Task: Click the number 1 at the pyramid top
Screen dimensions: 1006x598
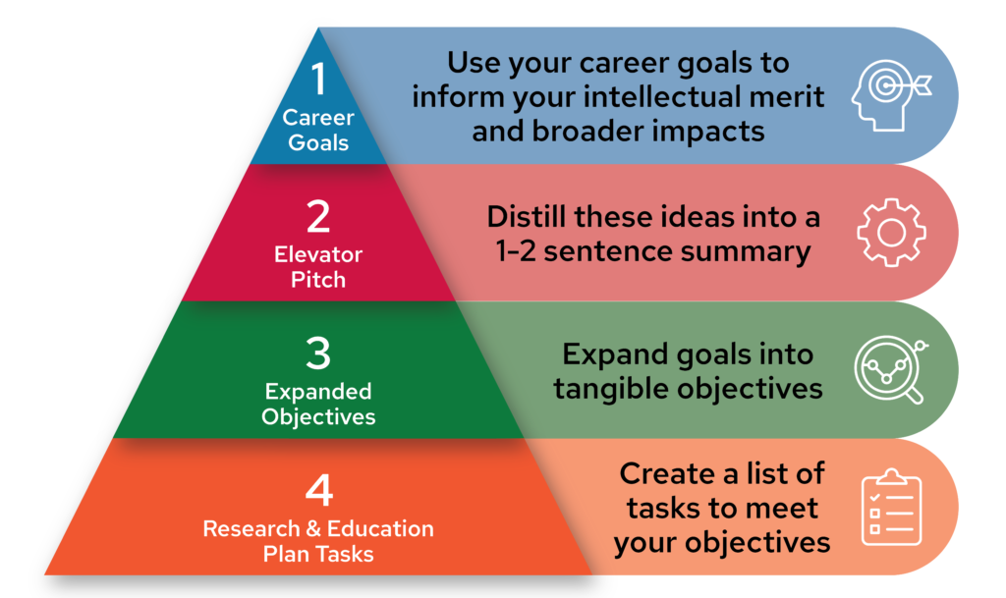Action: pyautogui.click(x=319, y=80)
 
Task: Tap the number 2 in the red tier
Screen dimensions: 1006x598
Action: pyautogui.click(x=318, y=217)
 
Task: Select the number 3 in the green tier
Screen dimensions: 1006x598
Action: pyautogui.click(x=318, y=353)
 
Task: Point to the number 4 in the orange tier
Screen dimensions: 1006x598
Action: pyautogui.click(x=319, y=490)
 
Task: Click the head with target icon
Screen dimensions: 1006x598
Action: pyautogui.click(x=891, y=95)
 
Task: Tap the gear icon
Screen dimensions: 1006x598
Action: pyautogui.click(x=891, y=232)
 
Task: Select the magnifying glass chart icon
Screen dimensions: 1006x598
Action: pyautogui.click(x=891, y=370)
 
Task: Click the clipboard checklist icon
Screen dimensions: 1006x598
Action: pyautogui.click(x=891, y=507)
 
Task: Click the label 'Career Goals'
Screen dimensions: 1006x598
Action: pyautogui.click(x=318, y=131)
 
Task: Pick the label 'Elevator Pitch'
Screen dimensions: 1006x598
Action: pyautogui.click(x=318, y=267)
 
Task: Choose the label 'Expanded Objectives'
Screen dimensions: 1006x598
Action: pyautogui.click(x=318, y=404)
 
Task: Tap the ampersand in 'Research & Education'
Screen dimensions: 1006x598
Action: pyautogui.click(x=313, y=529)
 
